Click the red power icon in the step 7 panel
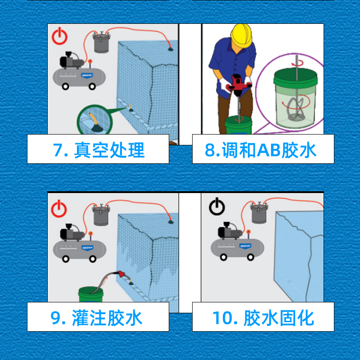[59, 36]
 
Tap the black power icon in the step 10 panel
[217, 207]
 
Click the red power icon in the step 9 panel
[59, 208]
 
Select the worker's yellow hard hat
[241, 35]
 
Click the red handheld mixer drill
[237, 83]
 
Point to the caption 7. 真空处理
[99, 150]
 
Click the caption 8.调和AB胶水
[261, 150]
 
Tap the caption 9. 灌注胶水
[96, 318]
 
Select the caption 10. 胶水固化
[263, 318]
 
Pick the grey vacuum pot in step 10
[259, 212]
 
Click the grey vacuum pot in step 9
[101, 215]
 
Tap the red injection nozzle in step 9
[121, 274]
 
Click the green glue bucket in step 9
[91, 294]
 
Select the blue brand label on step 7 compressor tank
[87, 75]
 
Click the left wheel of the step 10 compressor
[223, 257]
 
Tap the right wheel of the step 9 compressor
[93, 259]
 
